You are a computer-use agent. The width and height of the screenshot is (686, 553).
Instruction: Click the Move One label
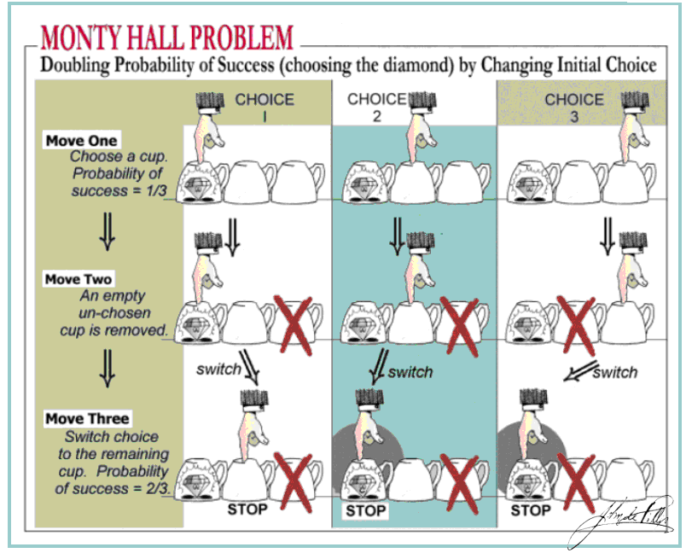click(82, 140)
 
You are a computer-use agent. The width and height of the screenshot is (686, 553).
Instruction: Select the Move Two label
click(78, 279)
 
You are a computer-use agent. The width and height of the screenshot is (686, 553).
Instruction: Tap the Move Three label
click(87, 418)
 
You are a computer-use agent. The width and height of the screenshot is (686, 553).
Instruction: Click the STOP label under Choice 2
click(365, 510)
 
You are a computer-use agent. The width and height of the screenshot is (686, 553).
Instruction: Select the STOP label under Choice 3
click(530, 510)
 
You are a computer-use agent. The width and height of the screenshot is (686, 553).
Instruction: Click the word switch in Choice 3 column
click(614, 372)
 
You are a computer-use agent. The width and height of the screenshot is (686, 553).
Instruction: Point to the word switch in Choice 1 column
click(218, 370)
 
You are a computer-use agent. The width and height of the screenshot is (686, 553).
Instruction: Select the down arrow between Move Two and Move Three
click(108, 372)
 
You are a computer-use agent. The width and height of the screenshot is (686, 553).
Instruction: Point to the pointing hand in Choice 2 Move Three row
click(369, 422)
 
